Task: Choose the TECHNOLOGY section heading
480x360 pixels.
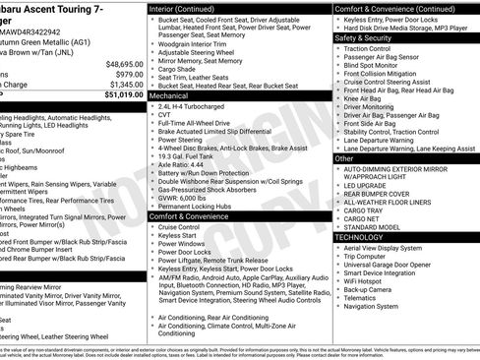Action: [x=360, y=237]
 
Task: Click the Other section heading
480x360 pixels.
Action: [x=345, y=157]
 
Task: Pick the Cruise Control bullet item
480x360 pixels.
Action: [x=178, y=227]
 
